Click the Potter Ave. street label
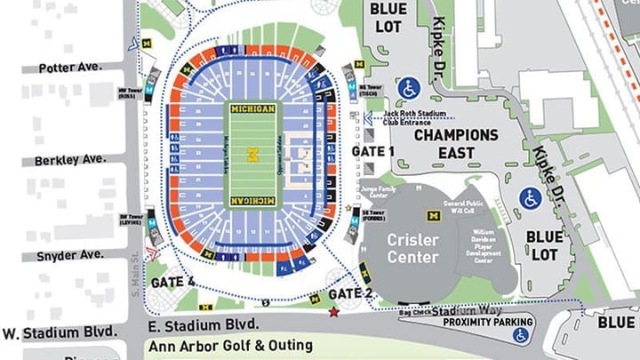[x=76, y=67]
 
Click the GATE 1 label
[x=372, y=152]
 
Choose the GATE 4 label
[x=172, y=282]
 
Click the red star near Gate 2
[x=334, y=312]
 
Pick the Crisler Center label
[x=412, y=249]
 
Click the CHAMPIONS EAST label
[x=456, y=145]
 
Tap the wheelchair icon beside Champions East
[x=408, y=89]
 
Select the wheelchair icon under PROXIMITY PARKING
[x=519, y=334]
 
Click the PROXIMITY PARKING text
[x=490, y=322]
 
